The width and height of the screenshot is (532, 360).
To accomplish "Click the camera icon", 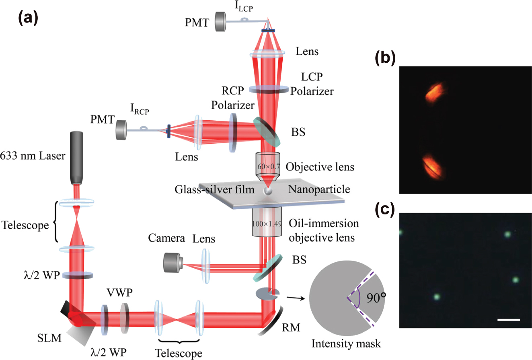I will pyautogui.click(x=173, y=263).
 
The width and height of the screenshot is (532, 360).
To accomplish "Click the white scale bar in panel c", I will pyautogui.click(x=508, y=320).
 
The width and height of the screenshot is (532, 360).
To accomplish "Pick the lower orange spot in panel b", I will pyautogui.click(x=432, y=167).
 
